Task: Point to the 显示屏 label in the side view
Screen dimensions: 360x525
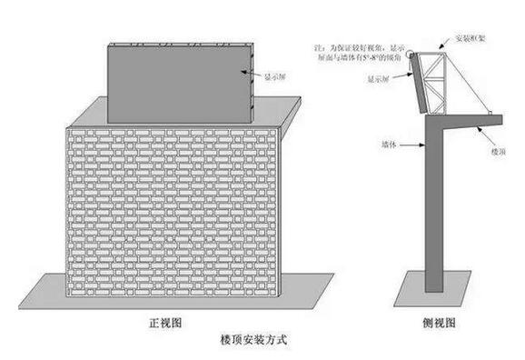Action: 380,79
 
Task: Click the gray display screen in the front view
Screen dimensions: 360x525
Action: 178,81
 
